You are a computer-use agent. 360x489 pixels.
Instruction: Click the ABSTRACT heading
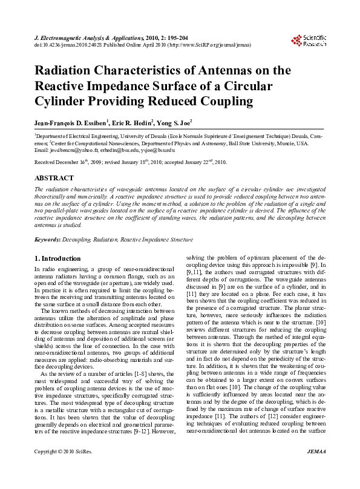[x=54, y=179]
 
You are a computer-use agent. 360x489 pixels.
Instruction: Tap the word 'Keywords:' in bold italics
[x=48, y=240]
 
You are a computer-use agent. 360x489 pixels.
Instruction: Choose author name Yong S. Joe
[x=192, y=122]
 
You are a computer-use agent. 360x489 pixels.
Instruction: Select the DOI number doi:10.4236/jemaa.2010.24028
[x=72, y=44]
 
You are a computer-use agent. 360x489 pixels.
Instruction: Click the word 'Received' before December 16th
[x=46, y=163]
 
